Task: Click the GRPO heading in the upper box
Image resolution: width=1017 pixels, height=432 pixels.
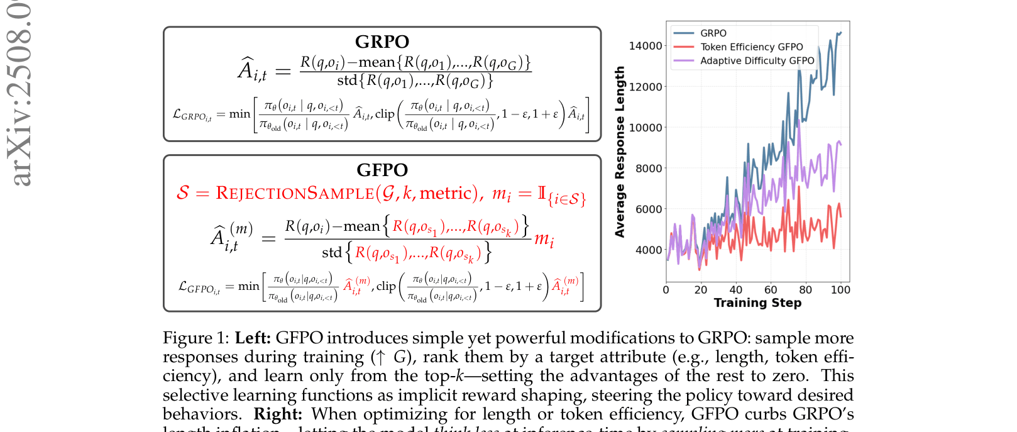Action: (382, 42)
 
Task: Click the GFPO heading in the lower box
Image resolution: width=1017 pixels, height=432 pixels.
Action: (382, 170)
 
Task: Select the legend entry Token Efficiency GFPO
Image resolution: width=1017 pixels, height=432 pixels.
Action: (751, 47)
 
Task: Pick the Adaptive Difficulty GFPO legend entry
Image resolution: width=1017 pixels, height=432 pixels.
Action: (757, 61)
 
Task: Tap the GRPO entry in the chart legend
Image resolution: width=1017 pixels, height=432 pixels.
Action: (713, 33)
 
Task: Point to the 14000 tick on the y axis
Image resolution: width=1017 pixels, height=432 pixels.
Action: (645, 46)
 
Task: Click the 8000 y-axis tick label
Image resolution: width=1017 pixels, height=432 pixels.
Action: (648, 169)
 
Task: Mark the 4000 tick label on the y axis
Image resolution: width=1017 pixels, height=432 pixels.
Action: (648, 250)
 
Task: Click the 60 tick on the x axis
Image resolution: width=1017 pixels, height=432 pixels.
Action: (771, 290)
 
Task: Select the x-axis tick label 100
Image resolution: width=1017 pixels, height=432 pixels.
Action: (840, 290)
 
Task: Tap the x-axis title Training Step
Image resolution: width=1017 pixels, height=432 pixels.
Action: (757, 303)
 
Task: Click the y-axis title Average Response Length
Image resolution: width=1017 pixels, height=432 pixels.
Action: (620, 152)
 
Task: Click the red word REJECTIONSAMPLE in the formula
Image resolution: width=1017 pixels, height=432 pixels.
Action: (294, 193)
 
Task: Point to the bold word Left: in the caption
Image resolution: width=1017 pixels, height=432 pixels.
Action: (253, 338)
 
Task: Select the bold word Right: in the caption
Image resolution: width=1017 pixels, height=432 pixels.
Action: (278, 414)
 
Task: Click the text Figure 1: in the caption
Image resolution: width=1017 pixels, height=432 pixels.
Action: (196, 338)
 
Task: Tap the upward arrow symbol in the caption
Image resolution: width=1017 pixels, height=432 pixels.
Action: (379, 357)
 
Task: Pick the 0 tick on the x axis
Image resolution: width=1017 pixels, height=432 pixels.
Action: (666, 290)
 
